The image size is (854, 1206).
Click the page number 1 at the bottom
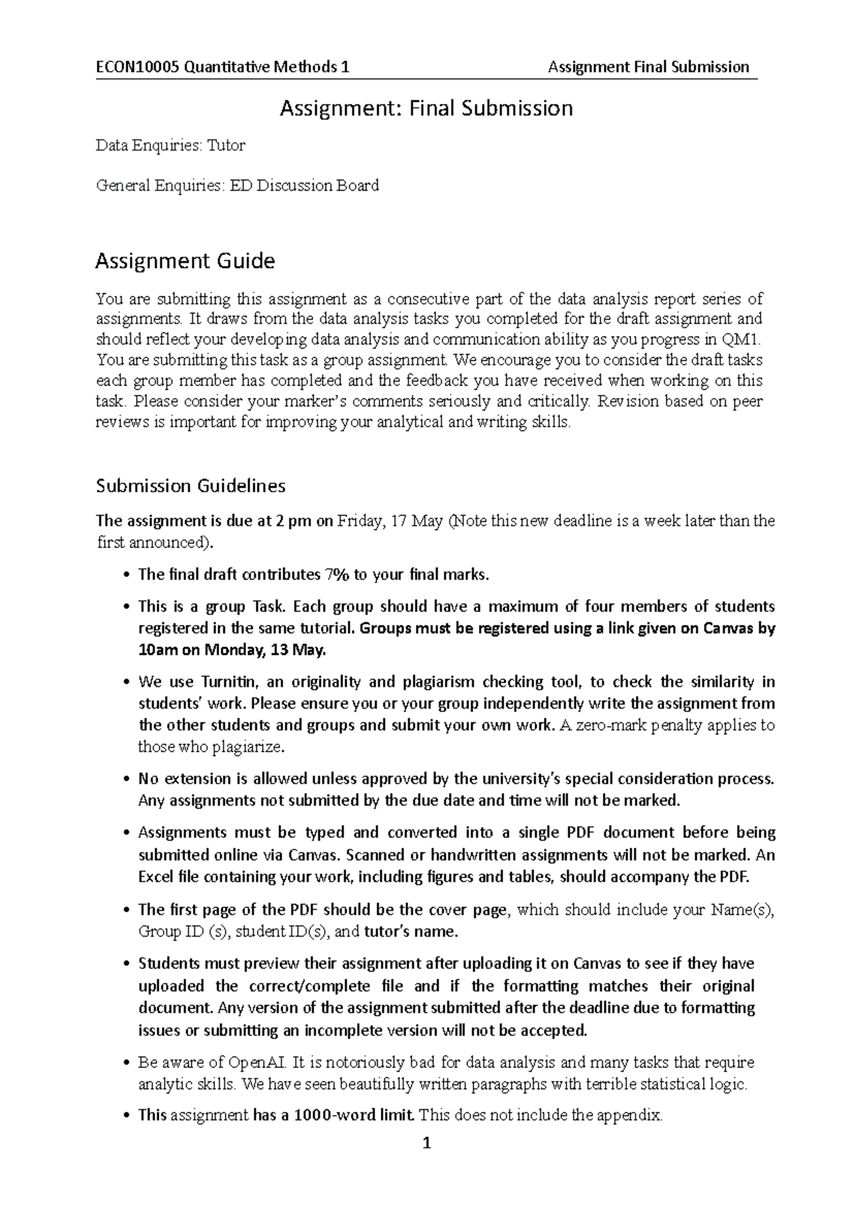pos(426,1144)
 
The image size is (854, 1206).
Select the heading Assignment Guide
pos(185,261)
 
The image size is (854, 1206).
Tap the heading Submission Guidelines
pos(191,486)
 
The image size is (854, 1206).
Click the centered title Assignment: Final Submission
pos(426,108)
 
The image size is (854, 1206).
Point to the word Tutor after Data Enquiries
pos(226,146)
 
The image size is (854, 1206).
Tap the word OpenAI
pos(258,1062)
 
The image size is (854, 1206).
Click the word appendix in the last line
pos(634,1115)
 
